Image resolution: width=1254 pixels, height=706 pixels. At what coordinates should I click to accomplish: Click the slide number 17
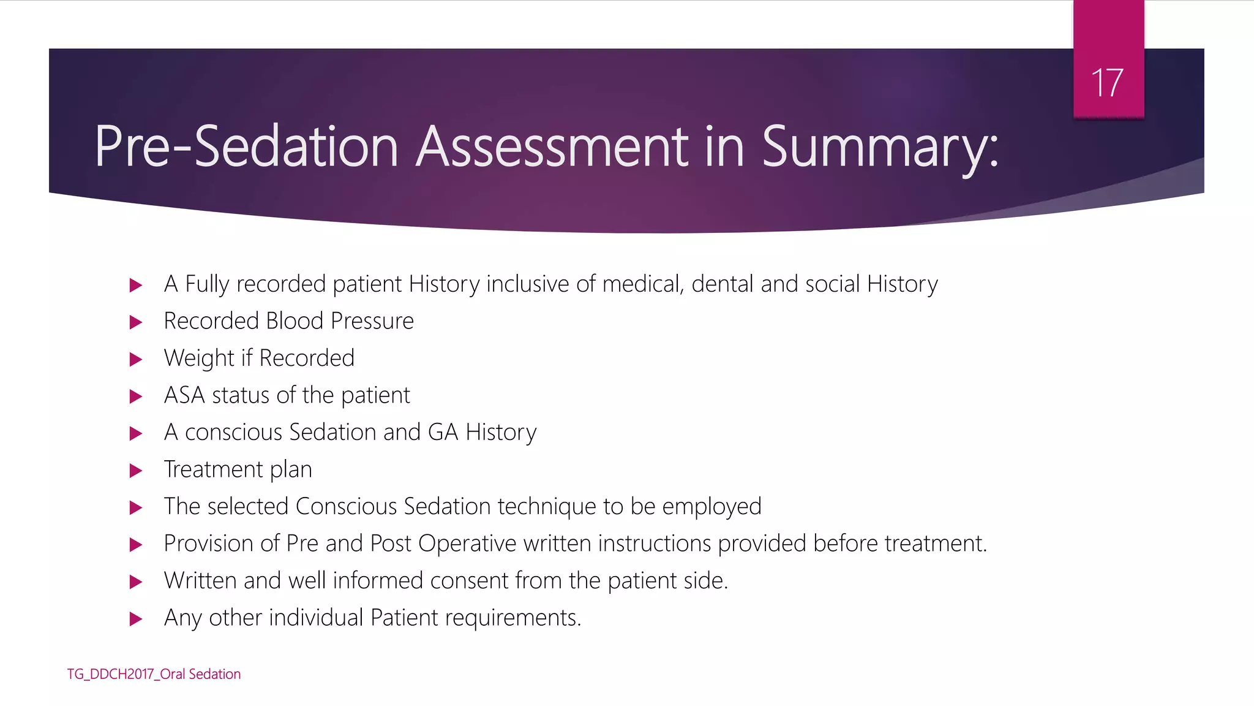click(1107, 83)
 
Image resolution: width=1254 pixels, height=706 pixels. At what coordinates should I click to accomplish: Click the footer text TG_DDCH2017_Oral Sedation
click(154, 674)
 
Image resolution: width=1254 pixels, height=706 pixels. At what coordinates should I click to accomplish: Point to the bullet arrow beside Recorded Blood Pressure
click(136, 322)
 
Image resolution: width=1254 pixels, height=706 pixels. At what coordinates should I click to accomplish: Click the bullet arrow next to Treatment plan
click(136, 471)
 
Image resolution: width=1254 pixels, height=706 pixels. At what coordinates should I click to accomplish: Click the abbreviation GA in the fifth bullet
click(443, 432)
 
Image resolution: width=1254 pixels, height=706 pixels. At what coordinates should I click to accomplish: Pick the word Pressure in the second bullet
click(372, 321)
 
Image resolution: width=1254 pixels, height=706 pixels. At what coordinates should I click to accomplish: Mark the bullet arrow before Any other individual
click(136, 619)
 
